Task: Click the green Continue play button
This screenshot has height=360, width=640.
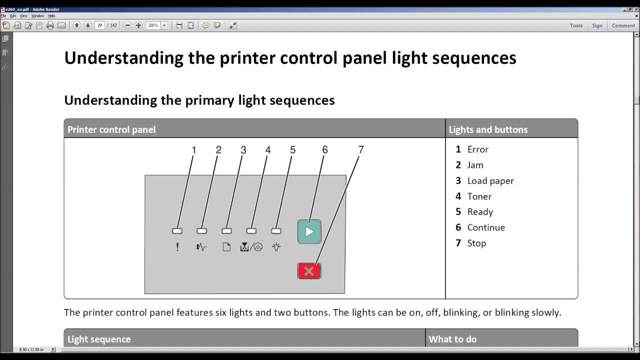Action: click(x=309, y=231)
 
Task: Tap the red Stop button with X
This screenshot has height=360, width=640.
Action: click(x=309, y=271)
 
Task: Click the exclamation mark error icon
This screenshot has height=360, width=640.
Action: click(x=177, y=247)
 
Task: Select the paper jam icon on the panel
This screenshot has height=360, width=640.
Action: click(x=201, y=247)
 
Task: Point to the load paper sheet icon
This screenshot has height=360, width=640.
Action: click(x=226, y=247)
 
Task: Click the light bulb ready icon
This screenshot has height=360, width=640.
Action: click(x=276, y=247)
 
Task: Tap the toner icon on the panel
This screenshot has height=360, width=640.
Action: click(x=251, y=247)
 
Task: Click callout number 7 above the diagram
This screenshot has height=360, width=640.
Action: click(x=361, y=149)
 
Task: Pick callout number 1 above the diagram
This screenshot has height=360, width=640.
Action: click(x=193, y=149)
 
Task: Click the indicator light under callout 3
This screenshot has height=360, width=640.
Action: click(x=226, y=231)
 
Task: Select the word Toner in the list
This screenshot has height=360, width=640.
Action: click(x=479, y=196)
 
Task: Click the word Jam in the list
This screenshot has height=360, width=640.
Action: click(x=475, y=165)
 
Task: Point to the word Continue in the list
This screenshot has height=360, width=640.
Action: click(x=486, y=227)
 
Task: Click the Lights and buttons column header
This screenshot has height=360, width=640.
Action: click(x=488, y=129)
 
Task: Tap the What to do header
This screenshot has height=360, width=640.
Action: click(x=452, y=339)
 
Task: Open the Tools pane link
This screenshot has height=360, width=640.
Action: click(x=576, y=25)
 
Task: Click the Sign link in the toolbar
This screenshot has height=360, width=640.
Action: click(x=597, y=25)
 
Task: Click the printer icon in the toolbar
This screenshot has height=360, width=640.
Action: click(x=50, y=25)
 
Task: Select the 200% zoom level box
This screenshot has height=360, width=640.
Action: click(x=153, y=25)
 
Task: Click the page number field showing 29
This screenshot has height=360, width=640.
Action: click(x=99, y=25)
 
